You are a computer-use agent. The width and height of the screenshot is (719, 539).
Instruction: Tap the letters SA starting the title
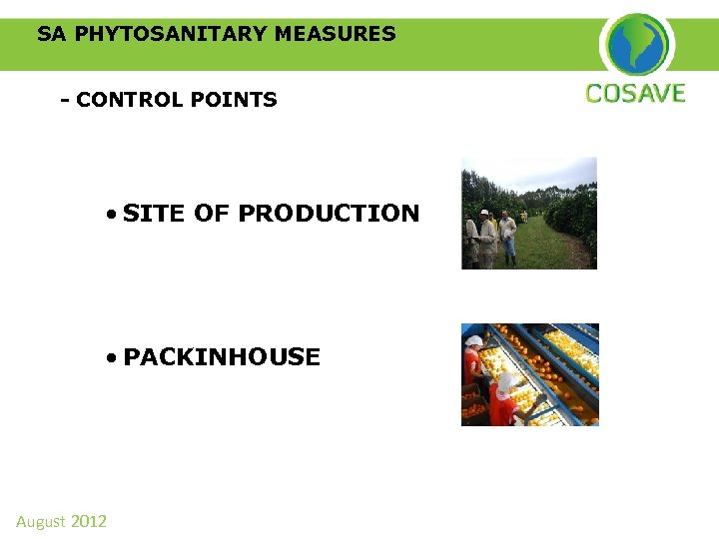[x=52, y=34]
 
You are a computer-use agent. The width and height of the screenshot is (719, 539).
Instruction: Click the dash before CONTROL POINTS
[x=65, y=100]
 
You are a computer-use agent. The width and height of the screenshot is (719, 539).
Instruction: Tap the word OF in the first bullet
[x=212, y=214]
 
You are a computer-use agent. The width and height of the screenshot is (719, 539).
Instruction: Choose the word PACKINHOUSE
[x=222, y=357]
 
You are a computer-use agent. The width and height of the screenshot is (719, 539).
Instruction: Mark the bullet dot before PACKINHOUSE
[x=115, y=358]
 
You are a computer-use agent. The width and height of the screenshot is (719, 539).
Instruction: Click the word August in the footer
[x=40, y=521]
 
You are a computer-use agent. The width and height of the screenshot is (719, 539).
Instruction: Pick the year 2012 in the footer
[x=89, y=521]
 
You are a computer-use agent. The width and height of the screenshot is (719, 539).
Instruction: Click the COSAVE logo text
[x=635, y=94]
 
